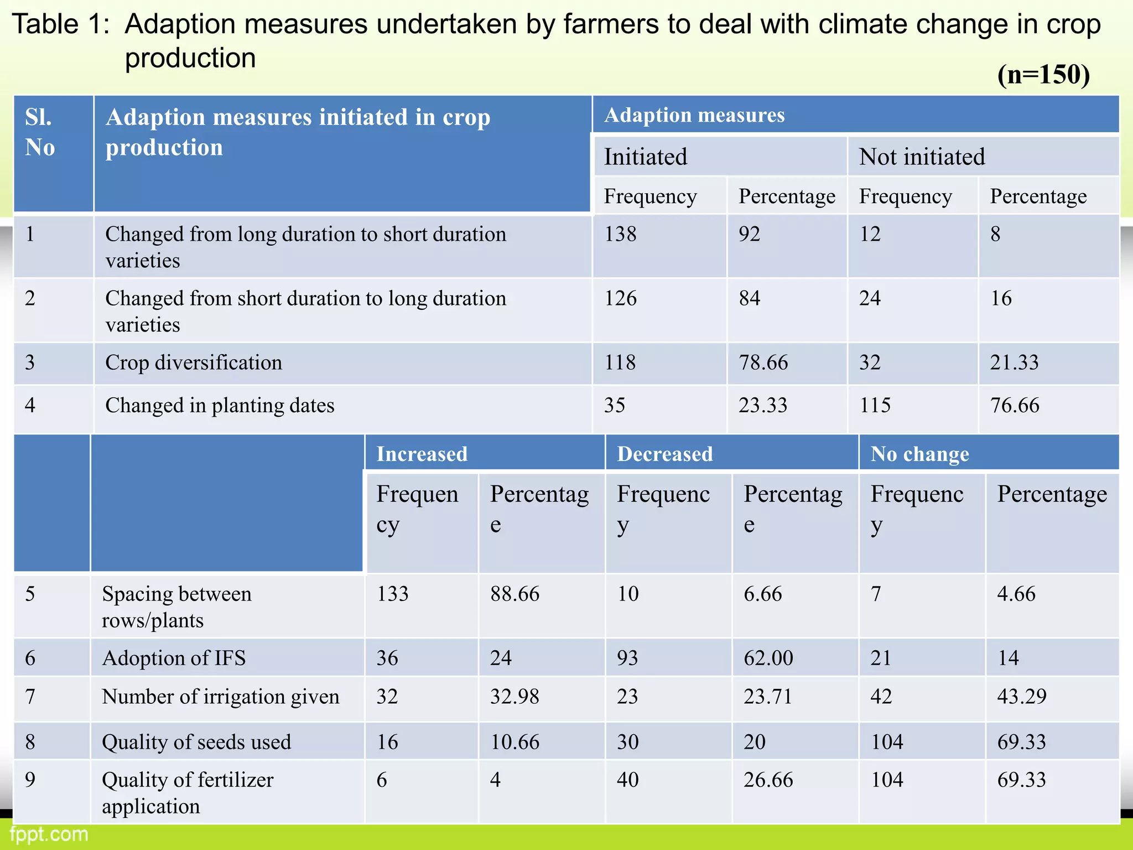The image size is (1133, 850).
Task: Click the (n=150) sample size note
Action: click(1043, 75)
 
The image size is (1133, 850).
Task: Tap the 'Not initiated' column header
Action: click(922, 157)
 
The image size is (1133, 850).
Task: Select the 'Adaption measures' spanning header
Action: click(694, 115)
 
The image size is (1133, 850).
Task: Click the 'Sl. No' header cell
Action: click(40, 133)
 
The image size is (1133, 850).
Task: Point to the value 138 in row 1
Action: click(620, 234)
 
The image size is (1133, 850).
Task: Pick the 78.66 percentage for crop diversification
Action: click(763, 362)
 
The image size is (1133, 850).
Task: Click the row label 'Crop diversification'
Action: click(194, 362)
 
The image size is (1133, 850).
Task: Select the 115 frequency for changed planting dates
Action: click(875, 406)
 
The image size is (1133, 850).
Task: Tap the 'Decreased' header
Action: click(665, 454)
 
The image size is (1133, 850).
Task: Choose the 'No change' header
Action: click(919, 454)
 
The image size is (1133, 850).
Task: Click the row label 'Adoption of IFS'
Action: click(174, 658)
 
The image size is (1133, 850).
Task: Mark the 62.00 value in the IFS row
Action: click(768, 658)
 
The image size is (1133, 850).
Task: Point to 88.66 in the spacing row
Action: click(514, 594)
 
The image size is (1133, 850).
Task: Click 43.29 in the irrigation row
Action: click(1022, 696)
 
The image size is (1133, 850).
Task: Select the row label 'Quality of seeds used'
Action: click(196, 742)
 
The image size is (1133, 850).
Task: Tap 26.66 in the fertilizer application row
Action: click(768, 780)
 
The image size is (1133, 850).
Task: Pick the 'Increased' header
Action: click(422, 454)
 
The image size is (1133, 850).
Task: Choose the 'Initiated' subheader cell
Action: click(646, 157)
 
